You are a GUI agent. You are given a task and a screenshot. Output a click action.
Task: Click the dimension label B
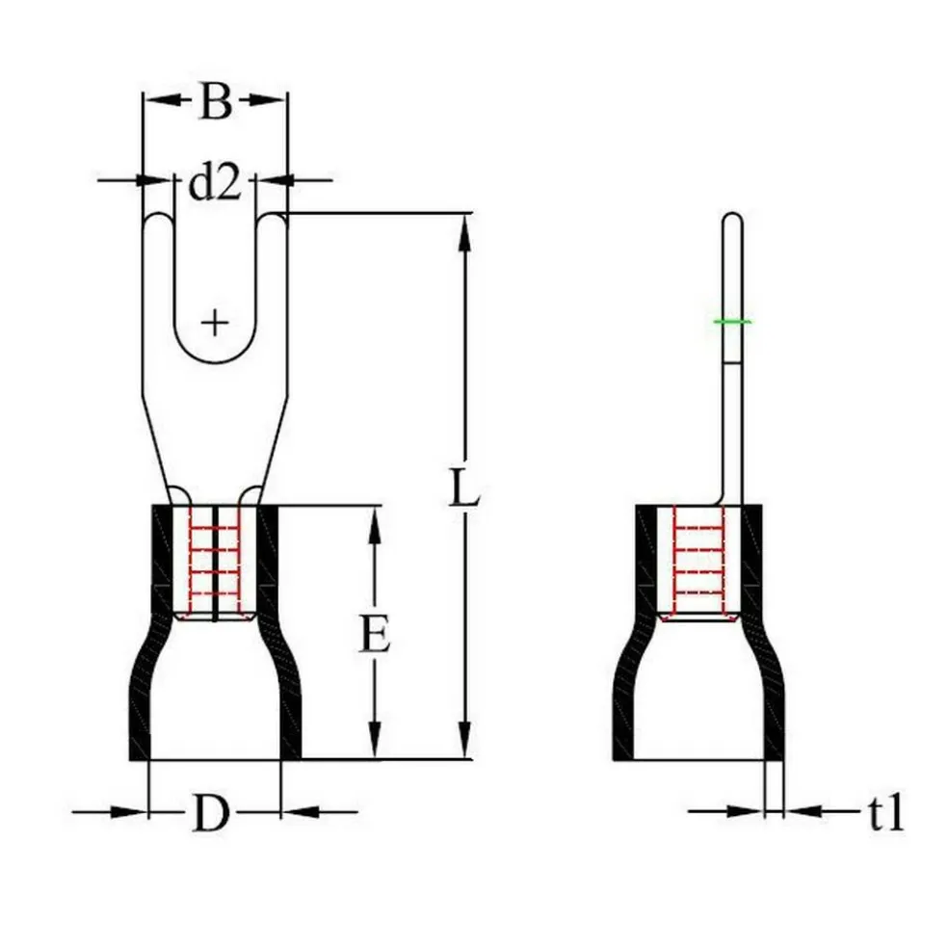(215, 101)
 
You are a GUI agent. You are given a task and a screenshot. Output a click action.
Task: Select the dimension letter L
(464, 489)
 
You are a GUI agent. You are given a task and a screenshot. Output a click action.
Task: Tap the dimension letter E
(375, 636)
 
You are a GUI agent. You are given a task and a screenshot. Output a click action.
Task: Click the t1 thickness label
(884, 814)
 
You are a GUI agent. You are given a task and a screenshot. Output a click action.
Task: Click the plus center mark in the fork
(216, 321)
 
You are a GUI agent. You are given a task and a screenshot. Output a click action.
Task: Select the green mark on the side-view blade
(732, 321)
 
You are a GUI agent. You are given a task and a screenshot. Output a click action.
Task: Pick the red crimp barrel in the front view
(215, 564)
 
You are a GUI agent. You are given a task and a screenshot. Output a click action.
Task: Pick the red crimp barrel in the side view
(698, 564)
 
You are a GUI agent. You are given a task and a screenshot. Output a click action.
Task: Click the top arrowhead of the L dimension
(464, 226)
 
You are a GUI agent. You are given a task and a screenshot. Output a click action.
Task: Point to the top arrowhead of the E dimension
(375, 520)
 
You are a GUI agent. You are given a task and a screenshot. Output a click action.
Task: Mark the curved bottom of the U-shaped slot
(216, 362)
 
